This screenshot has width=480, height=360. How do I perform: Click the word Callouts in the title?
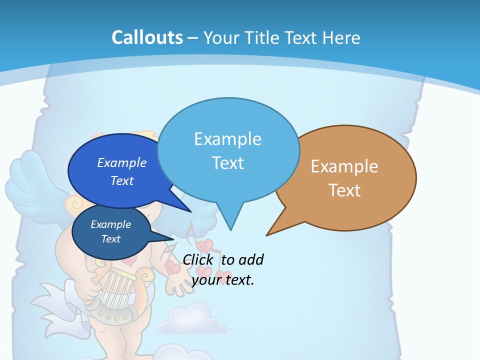(x=147, y=37)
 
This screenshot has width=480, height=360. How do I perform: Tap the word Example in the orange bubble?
(x=344, y=166)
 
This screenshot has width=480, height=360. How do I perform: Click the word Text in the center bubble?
(x=228, y=163)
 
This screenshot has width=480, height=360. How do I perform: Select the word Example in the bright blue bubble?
(x=122, y=162)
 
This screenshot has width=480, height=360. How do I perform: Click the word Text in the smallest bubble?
(x=111, y=239)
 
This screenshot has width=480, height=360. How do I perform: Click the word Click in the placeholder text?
(x=198, y=259)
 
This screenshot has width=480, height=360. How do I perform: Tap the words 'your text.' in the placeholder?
(x=223, y=280)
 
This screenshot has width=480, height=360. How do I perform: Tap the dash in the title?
(x=193, y=37)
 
